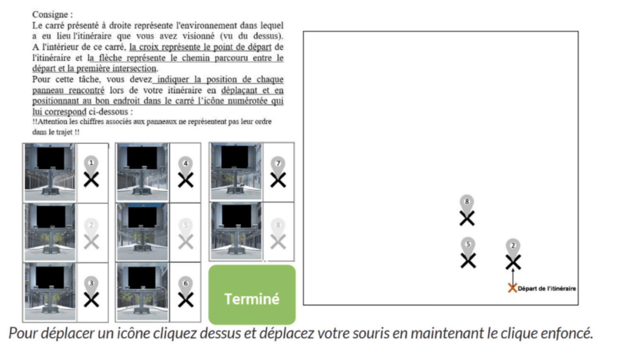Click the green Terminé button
252,295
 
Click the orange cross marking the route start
512,288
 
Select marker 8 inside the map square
467,211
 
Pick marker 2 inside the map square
513,254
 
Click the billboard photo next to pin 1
50,172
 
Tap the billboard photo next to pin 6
142,292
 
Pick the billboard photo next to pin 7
236,172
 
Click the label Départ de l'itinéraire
547,288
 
